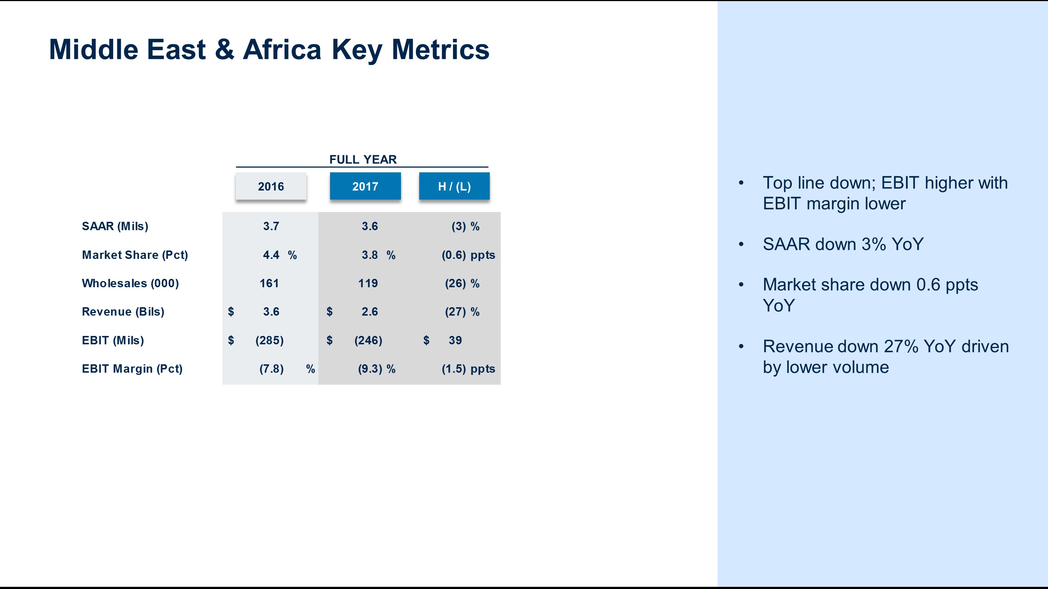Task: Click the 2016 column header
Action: point(271,186)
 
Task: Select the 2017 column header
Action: point(365,186)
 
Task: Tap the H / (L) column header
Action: point(454,186)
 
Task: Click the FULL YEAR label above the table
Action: point(363,159)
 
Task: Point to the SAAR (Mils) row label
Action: point(115,227)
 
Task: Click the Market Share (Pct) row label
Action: point(135,255)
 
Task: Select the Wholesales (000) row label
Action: point(131,283)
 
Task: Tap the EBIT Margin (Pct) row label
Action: point(132,369)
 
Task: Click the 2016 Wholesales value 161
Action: point(269,283)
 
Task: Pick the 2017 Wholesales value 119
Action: point(368,283)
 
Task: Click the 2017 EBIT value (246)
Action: point(369,340)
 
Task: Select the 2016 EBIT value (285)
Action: point(270,340)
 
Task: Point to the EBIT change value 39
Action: point(455,340)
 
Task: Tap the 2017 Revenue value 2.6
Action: point(370,312)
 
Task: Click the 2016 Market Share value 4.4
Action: point(271,255)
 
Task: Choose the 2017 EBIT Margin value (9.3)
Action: point(370,369)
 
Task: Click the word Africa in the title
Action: point(282,49)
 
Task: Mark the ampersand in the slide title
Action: point(225,49)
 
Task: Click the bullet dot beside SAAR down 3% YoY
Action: point(741,244)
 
